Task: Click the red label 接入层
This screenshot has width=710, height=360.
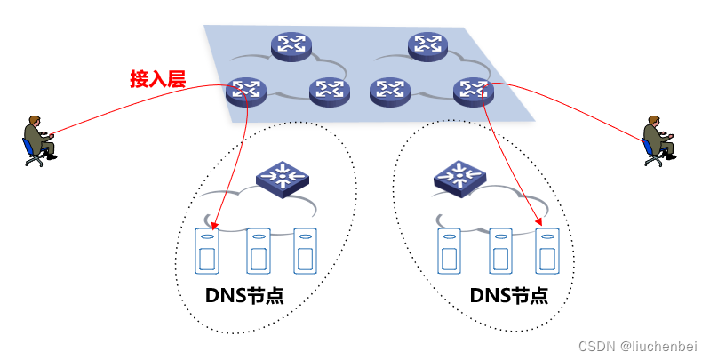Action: point(157,80)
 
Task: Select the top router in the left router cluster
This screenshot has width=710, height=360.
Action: point(291,45)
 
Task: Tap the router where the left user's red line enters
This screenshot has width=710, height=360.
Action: point(246,89)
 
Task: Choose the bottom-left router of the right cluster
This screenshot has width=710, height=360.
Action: point(389,90)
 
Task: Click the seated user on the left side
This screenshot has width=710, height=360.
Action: point(37,139)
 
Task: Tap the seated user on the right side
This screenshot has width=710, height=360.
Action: point(658,139)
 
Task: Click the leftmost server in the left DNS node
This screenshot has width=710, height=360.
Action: point(208,251)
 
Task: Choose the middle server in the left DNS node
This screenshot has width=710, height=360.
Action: point(259,251)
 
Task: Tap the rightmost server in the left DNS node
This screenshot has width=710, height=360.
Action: point(306,251)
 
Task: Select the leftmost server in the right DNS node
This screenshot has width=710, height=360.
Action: point(450,251)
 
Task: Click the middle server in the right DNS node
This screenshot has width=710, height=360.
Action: point(500,251)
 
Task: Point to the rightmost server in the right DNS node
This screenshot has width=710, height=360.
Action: point(546,251)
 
